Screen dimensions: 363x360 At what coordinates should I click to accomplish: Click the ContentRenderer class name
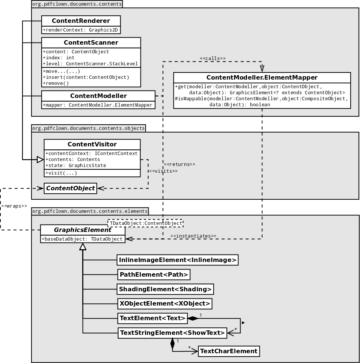click(81, 21)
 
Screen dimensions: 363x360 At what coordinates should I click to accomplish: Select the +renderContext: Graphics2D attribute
click(81, 30)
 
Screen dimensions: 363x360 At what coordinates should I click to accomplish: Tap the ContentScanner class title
click(91, 43)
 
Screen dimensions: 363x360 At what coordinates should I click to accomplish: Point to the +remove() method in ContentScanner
click(56, 83)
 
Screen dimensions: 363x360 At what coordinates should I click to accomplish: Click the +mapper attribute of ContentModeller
click(98, 105)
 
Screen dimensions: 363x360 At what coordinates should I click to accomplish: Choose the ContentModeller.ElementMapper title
click(262, 78)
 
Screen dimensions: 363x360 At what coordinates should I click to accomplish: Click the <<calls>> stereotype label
click(212, 59)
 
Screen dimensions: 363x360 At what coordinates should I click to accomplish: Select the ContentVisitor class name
click(92, 145)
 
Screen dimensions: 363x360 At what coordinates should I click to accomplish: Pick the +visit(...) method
click(61, 173)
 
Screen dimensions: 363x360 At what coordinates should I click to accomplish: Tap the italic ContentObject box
click(70, 188)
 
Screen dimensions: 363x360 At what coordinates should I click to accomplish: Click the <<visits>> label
click(163, 171)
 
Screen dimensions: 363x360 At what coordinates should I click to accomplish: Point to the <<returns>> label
click(179, 164)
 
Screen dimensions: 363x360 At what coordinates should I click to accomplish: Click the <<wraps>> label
click(14, 206)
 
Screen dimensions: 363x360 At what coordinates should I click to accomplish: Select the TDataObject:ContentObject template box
click(146, 223)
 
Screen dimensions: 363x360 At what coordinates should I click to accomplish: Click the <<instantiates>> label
click(193, 236)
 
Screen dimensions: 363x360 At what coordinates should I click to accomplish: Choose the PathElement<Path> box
click(154, 275)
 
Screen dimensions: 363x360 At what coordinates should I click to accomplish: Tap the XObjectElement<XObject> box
click(164, 304)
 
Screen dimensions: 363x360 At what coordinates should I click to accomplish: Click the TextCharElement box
click(229, 351)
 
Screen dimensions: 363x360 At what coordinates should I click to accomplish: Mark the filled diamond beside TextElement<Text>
click(193, 318)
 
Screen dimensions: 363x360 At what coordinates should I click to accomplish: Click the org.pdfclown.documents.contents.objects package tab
click(88, 128)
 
